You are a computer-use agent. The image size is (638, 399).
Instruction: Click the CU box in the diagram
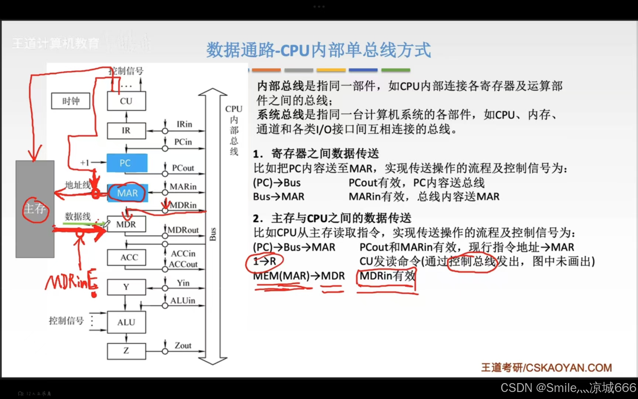[126, 101]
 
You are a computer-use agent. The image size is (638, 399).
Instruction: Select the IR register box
[126, 130]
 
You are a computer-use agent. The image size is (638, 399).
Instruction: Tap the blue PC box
[127, 163]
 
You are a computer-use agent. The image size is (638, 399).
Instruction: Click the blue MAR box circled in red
[128, 193]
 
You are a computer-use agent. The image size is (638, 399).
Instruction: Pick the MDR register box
[126, 224]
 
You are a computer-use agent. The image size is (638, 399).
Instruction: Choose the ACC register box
[126, 257]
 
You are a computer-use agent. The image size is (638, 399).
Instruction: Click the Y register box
[126, 287]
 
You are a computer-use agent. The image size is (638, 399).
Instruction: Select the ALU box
[126, 322]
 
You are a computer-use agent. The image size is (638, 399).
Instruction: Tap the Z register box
[126, 351]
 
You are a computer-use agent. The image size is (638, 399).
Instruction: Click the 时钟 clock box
[71, 101]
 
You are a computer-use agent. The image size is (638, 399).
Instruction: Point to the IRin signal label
[184, 124]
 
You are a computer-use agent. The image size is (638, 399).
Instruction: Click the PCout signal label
[183, 168]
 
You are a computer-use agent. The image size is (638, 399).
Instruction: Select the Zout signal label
[183, 345]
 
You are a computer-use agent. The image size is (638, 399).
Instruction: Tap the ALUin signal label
[183, 301]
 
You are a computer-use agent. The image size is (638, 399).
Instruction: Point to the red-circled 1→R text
[264, 261]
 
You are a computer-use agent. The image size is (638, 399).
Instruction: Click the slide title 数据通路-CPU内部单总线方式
[318, 50]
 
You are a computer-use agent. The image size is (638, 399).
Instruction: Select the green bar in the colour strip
[395, 70]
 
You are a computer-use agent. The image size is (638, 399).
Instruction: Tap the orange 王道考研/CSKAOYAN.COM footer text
[546, 368]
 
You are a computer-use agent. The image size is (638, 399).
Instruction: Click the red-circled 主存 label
[35, 209]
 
